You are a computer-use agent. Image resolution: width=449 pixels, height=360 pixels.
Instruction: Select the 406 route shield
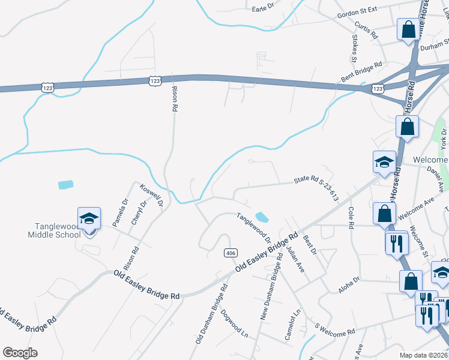[x=230, y=253]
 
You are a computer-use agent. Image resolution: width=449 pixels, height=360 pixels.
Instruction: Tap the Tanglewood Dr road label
[x=253, y=229]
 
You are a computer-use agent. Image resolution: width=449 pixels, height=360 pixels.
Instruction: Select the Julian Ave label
[x=295, y=259]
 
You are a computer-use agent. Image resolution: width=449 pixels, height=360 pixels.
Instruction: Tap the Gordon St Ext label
[x=357, y=13]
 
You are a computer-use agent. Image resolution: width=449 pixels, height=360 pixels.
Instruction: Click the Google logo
[x=20, y=353]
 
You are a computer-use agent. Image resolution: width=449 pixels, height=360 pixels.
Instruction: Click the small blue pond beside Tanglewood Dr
[x=262, y=216]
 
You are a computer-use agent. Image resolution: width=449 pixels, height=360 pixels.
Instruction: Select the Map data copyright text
[x=424, y=355]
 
